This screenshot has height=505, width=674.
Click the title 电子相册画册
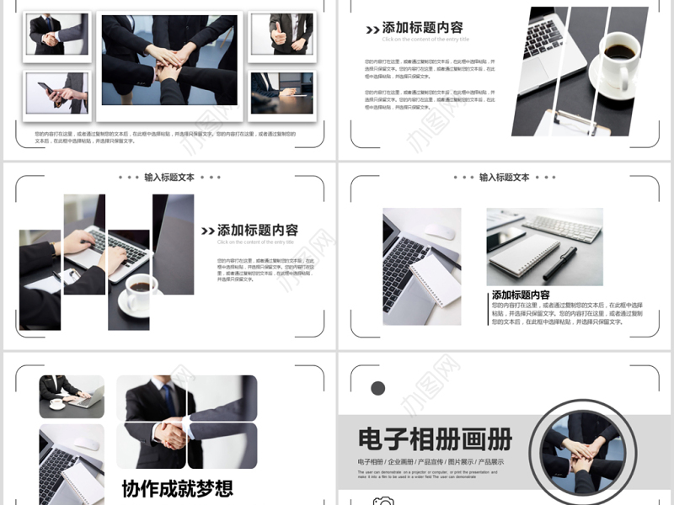tap(435, 439)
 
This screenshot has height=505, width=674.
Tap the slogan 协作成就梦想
tap(177, 488)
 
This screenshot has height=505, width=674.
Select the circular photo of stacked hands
tap(577, 448)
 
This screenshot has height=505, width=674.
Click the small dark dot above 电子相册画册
tap(378, 388)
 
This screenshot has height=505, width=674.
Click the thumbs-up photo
tap(281, 34)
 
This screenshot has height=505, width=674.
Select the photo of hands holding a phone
tap(56, 93)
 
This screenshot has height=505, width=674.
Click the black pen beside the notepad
tap(559, 263)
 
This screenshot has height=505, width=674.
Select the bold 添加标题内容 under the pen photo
tap(521, 295)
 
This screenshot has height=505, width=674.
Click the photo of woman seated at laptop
tap(71, 396)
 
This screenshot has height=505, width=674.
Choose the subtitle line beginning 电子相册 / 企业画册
tap(431, 462)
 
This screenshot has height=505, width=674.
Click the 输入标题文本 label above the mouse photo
tap(505, 178)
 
